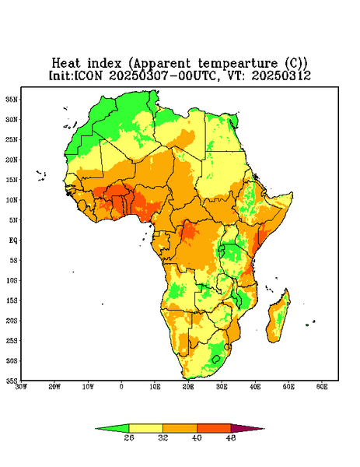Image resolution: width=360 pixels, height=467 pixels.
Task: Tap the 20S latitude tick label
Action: coord(12,321)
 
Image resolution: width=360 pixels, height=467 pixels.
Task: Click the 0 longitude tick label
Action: coord(121,387)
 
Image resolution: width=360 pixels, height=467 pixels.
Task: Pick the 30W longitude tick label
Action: coord(21,387)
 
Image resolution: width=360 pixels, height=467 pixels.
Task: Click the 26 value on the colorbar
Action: coord(129,437)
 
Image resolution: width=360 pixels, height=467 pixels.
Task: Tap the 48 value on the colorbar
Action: coord(231,437)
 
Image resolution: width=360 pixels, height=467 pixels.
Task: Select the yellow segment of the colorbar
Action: coord(145,428)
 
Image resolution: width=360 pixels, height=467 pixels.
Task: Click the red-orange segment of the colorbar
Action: coord(214,428)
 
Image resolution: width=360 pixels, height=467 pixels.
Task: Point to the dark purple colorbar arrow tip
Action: coord(264,429)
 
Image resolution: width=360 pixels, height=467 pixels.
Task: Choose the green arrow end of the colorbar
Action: coord(95,429)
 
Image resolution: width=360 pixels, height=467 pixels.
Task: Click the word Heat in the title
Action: coord(66,63)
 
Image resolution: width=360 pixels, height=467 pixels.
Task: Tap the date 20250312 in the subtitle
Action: coord(281,75)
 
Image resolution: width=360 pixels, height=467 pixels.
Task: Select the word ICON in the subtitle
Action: coord(88,75)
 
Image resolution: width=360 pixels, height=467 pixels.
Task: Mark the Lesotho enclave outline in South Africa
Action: coord(216,359)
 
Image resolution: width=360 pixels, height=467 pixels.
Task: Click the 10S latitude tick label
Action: coord(12,280)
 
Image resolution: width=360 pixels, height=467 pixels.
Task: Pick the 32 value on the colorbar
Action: coord(163,437)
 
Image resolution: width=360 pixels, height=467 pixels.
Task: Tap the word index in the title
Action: coord(104,63)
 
